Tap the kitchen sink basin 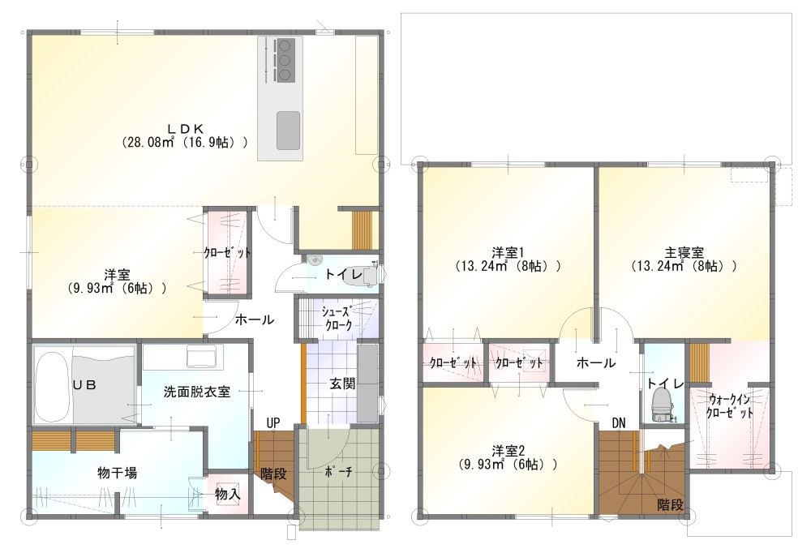pos(288,131)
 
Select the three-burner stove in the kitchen pos(284,61)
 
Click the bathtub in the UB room pos(52,388)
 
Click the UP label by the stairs pos(273,422)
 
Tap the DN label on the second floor pos(619,423)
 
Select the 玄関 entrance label pos(342,384)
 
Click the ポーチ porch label pos(339,472)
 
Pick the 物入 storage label pos(228,494)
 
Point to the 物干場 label pos(118,472)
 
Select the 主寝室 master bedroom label pos(684,252)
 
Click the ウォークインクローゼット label pos(729,406)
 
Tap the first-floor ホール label pos(255,319)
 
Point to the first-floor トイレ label pos(343,274)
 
